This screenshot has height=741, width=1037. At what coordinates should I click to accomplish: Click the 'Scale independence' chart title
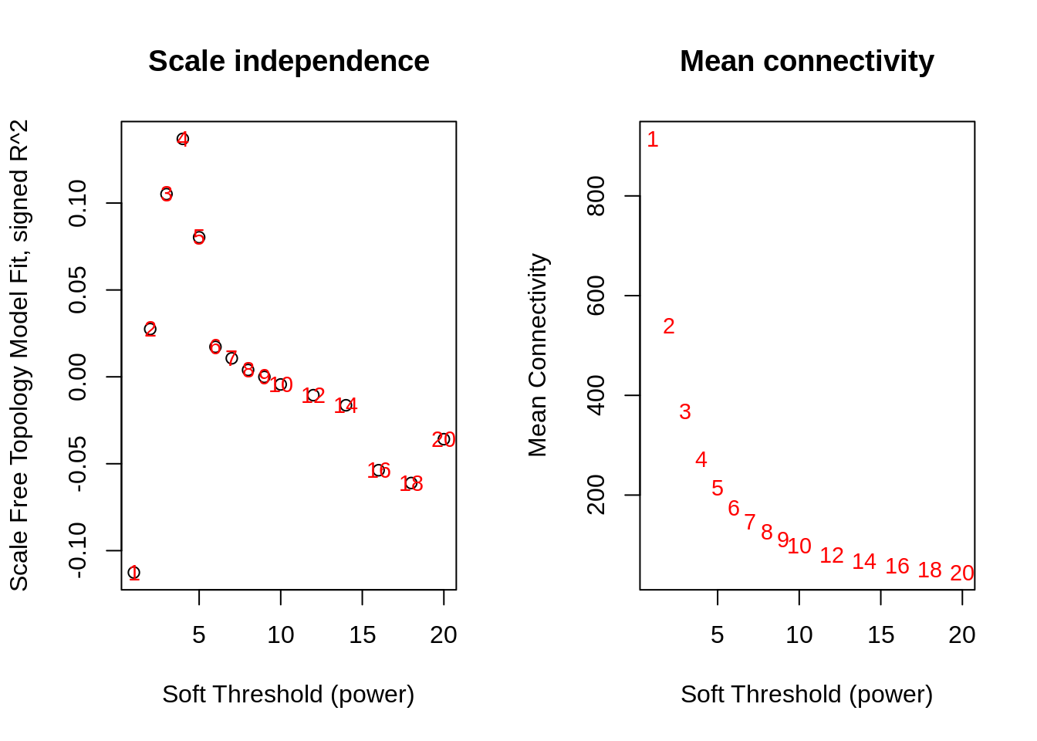pos(289,62)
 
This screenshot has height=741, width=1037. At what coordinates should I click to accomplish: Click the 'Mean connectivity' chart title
pos(806,62)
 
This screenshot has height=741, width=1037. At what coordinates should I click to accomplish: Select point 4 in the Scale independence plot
pos(183,139)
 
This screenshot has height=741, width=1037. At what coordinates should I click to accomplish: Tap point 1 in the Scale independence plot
pos(134,573)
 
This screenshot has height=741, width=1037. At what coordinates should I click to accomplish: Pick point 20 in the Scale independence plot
pos(444,439)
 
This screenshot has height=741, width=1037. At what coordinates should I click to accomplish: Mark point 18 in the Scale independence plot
pos(411,483)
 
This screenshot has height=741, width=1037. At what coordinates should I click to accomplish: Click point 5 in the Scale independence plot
pos(199,237)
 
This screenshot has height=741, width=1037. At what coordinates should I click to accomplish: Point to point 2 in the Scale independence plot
pos(150,330)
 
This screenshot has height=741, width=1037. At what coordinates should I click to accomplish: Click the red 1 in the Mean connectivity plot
pos(653,140)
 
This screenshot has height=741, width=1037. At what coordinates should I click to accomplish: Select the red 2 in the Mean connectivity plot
pos(669,327)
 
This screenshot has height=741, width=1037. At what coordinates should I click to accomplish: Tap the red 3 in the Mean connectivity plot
pos(685,412)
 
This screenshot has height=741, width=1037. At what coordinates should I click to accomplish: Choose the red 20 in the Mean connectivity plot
pos(962,574)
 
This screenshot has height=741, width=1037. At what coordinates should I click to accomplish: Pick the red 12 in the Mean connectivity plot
pos(832,556)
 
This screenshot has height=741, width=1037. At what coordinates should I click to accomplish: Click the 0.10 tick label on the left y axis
pos(78,204)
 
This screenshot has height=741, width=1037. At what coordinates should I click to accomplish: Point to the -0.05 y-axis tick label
pos(78,463)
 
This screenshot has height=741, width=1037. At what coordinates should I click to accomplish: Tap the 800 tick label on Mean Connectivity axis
pos(596,196)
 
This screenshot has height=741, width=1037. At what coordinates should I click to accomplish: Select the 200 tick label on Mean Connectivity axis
pos(596,495)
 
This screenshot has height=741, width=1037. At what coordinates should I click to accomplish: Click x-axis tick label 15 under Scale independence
pos(362,635)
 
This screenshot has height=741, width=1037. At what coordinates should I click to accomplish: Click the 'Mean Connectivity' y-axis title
pos(538,355)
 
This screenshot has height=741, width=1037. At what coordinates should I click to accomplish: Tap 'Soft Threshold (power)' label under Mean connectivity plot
pos(806,695)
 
